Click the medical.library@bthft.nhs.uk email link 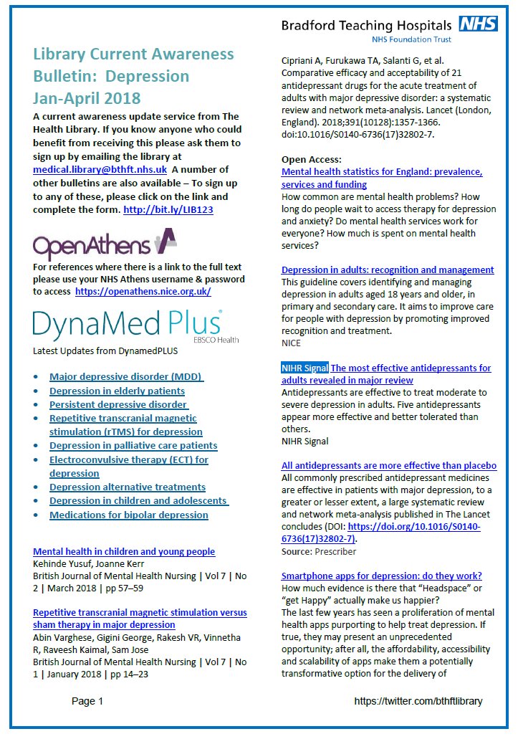pyautogui.click(x=100, y=170)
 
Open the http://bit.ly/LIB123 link pyautogui.click(x=168, y=210)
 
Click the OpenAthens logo pyautogui.click(x=105, y=244)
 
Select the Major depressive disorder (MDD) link pyautogui.click(x=126, y=377)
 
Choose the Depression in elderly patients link pyautogui.click(x=117, y=391)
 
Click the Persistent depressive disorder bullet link pyautogui.click(x=119, y=404)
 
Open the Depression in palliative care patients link pyautogui.click(x=133, y=446)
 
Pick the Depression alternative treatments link pyautogui.click(x=127, y=487)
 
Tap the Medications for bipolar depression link pyautogui.click(x=128, y=515)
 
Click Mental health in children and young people pyautogui.click(x=124, y=551)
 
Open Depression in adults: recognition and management pyautogui.click(x=387, y=270)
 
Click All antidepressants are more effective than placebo pyautogui.click(x=388, y=466)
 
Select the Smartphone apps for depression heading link pyautogui.click(x=381, y=576)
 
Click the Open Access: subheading pyautogui.click(x=311, y=159)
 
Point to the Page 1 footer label pyautogui.click(x=87, y=701)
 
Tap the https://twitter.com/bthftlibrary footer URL pyautogui.click(x=418, y=701)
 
